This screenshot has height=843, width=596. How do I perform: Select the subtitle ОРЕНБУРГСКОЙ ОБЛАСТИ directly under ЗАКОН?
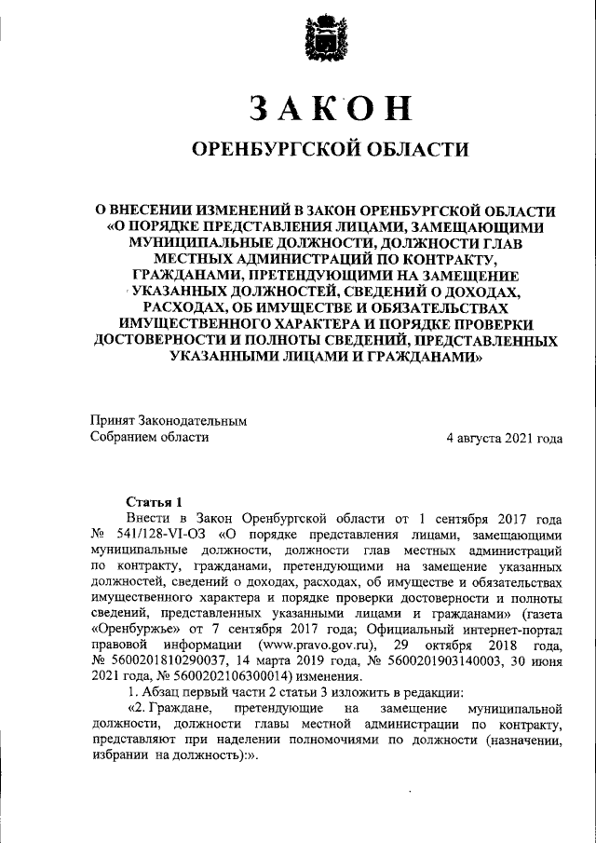(329, 149)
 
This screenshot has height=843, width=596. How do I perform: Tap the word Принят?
(111, 420)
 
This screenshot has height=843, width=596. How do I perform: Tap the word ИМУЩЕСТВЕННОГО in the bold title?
(191, 323)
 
